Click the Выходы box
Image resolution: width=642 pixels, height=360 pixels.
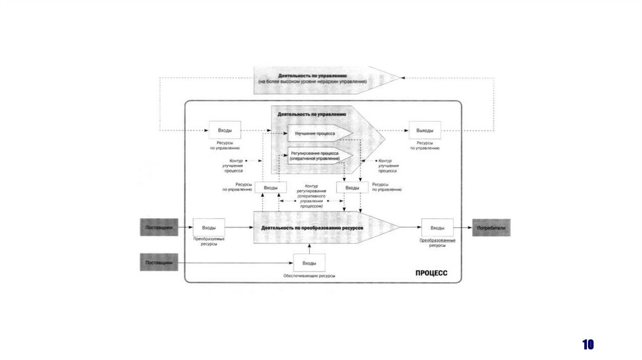coord(424,130)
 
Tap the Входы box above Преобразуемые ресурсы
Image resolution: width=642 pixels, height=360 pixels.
coord(209,228)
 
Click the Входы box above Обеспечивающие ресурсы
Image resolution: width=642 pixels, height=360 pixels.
coord(309,263)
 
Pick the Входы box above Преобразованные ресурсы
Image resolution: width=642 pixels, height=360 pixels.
coord(438,228)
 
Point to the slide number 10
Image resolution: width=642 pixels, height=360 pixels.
coord(587,344)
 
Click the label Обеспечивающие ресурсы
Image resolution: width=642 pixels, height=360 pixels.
coord(309,276)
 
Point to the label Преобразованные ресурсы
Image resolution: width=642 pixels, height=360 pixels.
coord(438,243)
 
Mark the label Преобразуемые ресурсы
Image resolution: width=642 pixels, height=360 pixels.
coord(209,242)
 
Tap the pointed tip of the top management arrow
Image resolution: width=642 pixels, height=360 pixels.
coord(399,78)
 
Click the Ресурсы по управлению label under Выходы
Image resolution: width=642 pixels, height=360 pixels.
coord(424,146)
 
